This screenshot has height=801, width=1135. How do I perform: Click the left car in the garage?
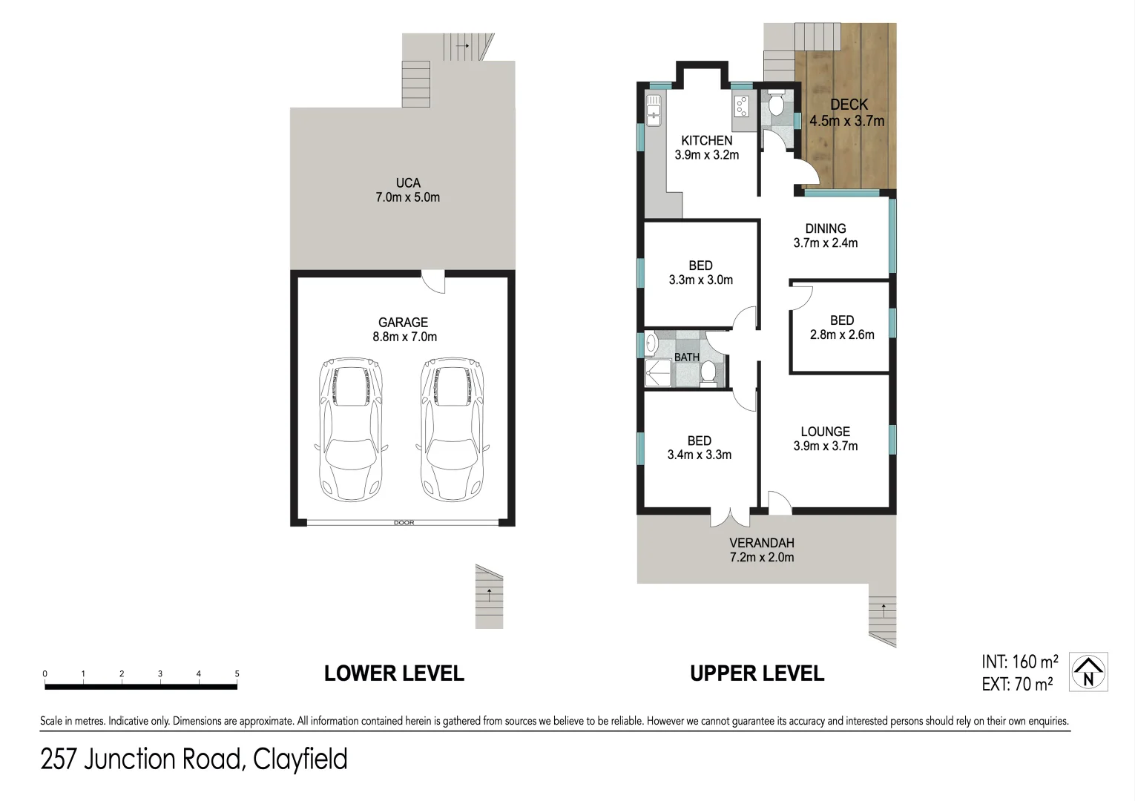point(350,430)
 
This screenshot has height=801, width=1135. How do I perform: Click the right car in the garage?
point(451,430)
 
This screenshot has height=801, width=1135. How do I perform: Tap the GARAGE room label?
point(403,323)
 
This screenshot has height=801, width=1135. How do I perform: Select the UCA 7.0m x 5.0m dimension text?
point(407,198)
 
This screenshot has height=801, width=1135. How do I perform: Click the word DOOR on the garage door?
point(404,523)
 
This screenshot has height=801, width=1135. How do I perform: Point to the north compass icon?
point(1088,672)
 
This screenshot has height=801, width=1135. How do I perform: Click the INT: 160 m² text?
point(1019,662)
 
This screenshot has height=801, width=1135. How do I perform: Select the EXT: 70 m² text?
point(1016,685)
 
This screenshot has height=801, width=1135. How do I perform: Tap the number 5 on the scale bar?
point(237,674)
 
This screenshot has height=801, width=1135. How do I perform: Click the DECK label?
point(849,105)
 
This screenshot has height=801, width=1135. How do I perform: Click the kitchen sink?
point(654,111)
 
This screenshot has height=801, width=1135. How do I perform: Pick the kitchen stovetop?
point(741,107)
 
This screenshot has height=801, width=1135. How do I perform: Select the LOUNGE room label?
point(825,432)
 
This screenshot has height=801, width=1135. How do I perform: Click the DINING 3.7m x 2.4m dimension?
point(825,243)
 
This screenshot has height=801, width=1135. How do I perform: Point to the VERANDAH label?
point(761,543)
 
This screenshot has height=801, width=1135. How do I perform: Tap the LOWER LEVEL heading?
point(394,673)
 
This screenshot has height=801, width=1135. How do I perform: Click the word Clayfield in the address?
point(300,759)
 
